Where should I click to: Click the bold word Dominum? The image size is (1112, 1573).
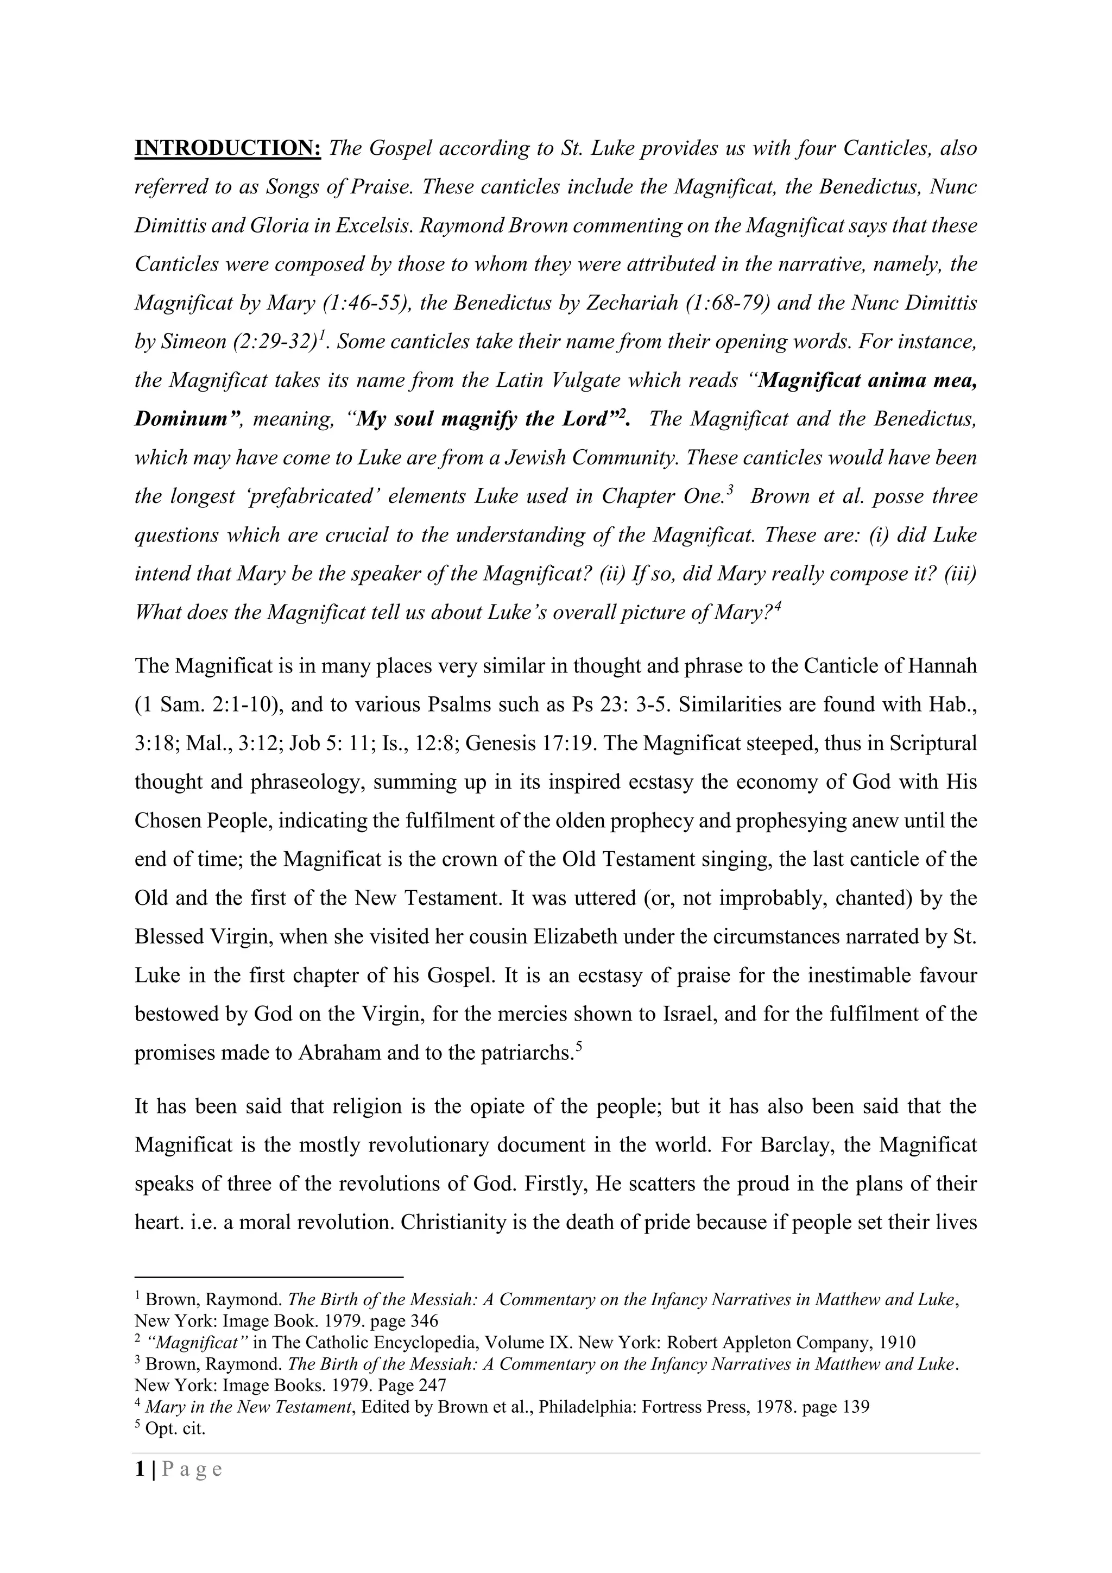(181, 419)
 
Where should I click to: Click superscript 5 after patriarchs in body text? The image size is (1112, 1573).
(579, 1046)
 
